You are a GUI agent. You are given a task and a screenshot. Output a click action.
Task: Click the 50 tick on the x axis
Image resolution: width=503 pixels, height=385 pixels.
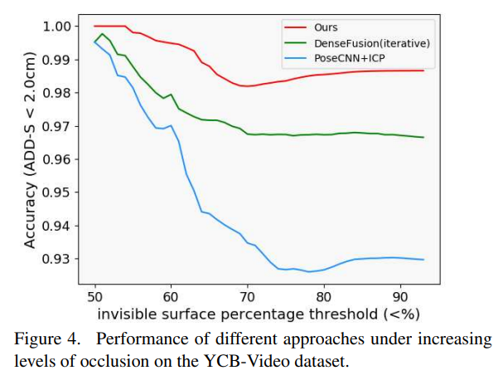94,295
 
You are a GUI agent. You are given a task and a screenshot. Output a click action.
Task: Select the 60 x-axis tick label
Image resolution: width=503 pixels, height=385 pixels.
171,295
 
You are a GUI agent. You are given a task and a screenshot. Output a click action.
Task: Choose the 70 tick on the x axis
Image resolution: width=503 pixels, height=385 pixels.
247,295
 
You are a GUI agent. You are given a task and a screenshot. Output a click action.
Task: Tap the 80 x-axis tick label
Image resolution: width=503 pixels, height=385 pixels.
323,295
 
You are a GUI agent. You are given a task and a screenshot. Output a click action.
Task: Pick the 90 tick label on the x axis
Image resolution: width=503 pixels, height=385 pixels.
399,295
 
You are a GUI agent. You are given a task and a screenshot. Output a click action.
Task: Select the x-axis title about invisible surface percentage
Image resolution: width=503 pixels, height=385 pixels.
259,314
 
